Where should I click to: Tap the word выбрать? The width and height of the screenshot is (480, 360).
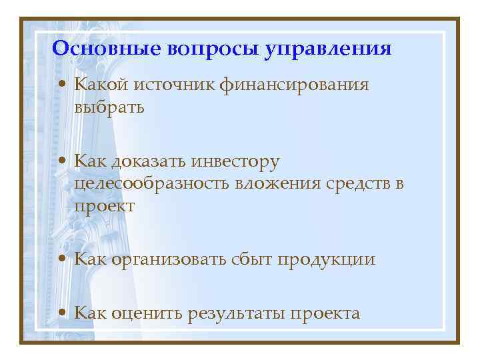[x=109, y=106]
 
